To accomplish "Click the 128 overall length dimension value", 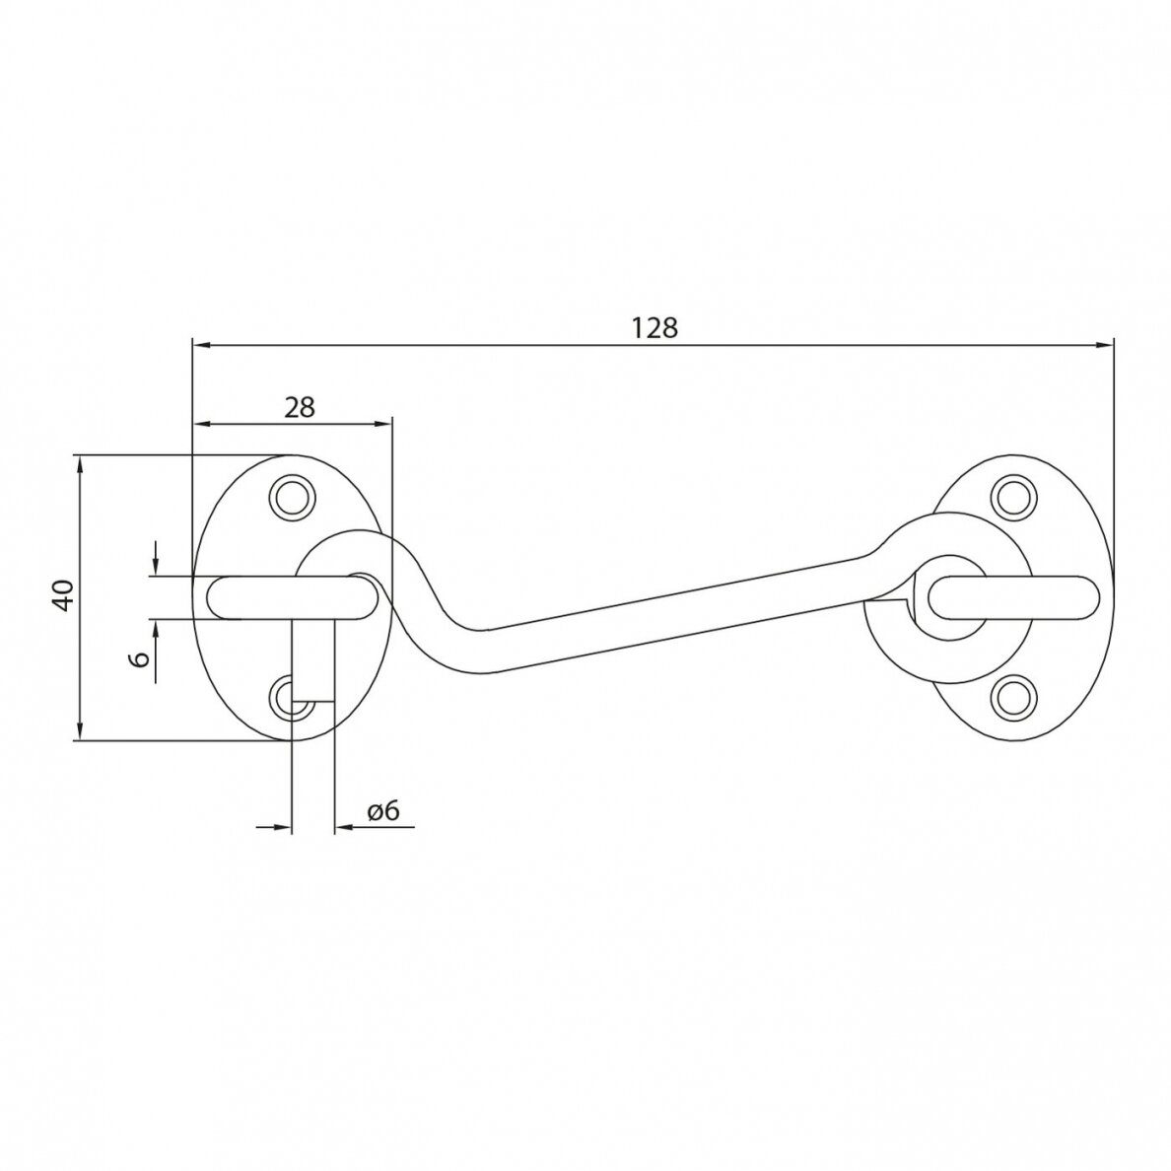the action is pyautogui.click(x=654, y=328).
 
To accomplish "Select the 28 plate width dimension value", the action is pyautogui.click(x=300, y=407).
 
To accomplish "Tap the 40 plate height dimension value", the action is pyautogui.click(x=65, y=595).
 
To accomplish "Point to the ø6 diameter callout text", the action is pyautogui.click(x=383, y=810).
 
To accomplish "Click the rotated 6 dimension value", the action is pyautogui.click(x=139, y=658).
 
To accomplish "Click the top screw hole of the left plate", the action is pyautogui.click(x=292, y=497).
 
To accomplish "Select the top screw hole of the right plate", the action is pyautogui.click(x=1013, y=497).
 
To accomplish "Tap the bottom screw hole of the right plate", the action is pyautogui.click(x=1013, y=698).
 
